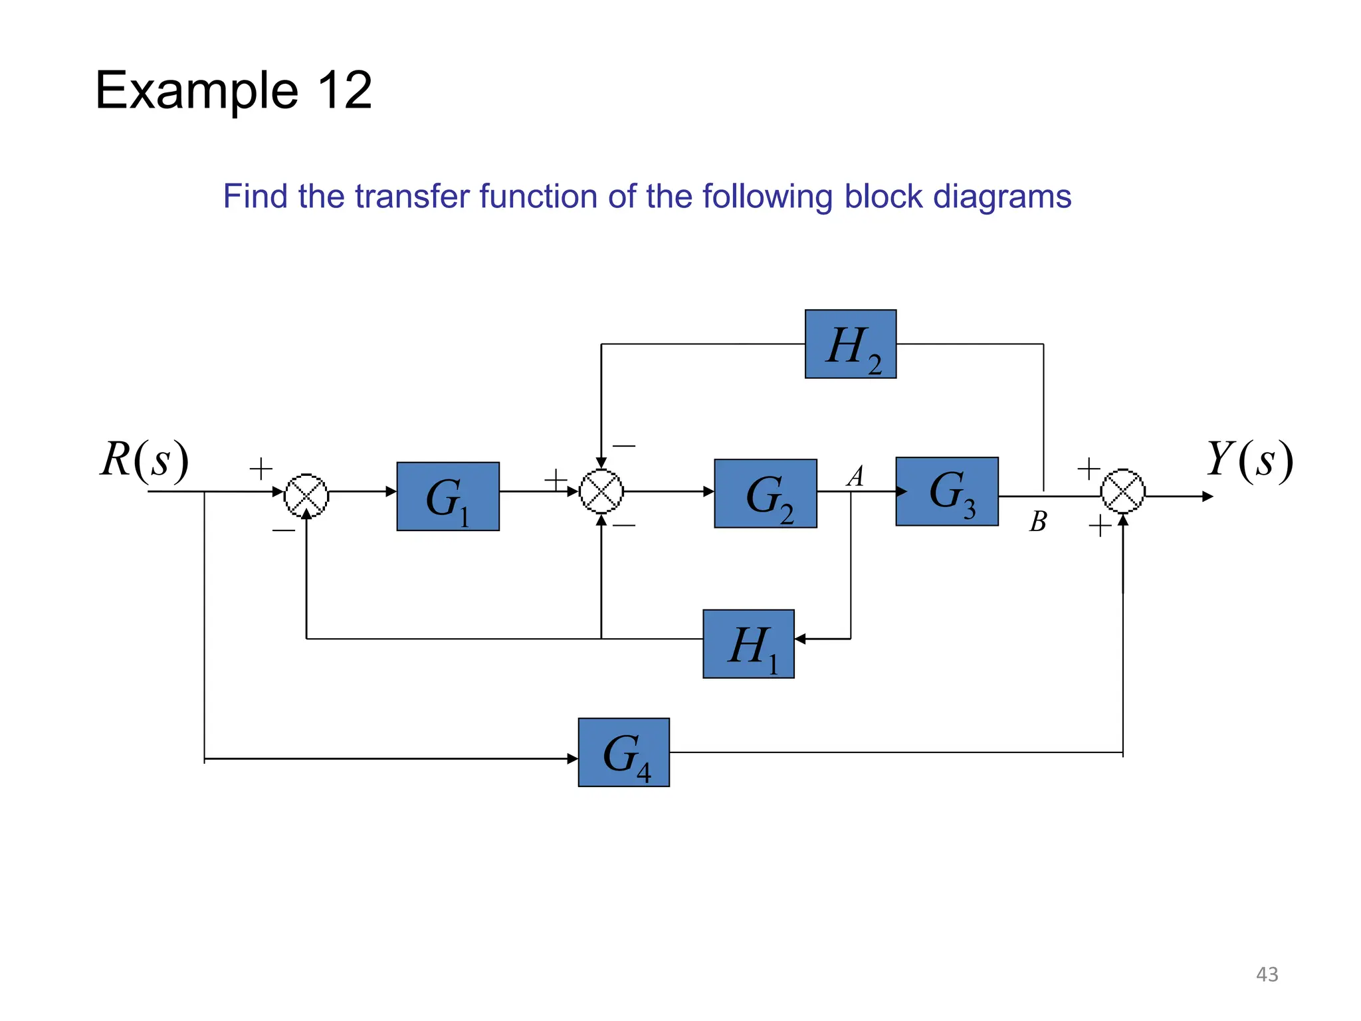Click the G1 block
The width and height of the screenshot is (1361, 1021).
(448, 496)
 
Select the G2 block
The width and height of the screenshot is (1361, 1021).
(765, 493)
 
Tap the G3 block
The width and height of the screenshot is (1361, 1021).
(946, 491)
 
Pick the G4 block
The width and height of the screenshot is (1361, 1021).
(623, 752)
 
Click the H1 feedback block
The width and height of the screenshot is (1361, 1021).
(748, 643)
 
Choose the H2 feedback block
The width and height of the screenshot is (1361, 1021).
(850, 344)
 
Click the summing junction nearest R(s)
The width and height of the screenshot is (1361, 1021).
(306, 495)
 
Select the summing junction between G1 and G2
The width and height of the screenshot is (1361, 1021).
(601, 492)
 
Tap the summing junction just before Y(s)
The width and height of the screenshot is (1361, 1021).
(1122, 492)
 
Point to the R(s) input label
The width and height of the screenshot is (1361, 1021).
(144, 459)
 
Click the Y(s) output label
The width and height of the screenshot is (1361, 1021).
(1249, 459)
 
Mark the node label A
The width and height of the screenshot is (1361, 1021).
(856, 476)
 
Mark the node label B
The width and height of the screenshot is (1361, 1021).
(1037, 522)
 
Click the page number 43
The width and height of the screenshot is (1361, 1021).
(1267, 974)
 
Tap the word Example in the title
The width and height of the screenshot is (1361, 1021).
(197, 90)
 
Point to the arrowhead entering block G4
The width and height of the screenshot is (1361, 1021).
(572, 758)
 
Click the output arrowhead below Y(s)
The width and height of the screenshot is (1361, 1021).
(1207, 496)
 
